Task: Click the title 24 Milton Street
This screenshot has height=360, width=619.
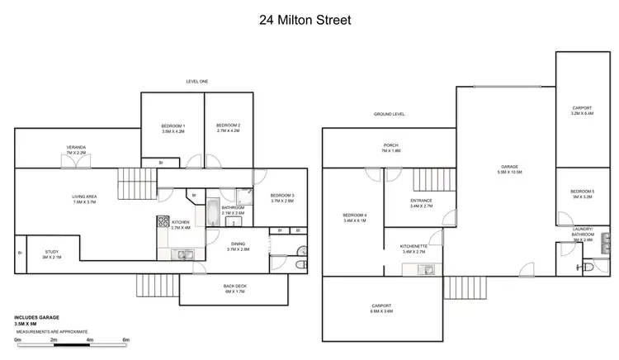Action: point(309,18)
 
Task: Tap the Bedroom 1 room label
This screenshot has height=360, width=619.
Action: point(172,128)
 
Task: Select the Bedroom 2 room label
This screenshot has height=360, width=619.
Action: point(227,128)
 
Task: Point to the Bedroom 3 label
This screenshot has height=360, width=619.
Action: point(282,197)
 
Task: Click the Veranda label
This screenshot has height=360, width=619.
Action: point(76,149)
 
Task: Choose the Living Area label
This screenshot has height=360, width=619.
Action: point(85,198)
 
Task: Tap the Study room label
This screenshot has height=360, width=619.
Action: point(51,254)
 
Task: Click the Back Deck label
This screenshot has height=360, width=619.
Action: point(235,288)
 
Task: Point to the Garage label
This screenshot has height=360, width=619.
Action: point(509,168)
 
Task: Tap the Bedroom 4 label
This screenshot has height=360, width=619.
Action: point(355,218)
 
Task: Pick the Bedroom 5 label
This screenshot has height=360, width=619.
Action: point(582,195)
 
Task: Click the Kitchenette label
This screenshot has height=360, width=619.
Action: point(413,247)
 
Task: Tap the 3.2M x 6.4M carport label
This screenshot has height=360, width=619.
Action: point(582,111)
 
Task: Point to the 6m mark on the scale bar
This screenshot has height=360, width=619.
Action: point(126,339)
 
